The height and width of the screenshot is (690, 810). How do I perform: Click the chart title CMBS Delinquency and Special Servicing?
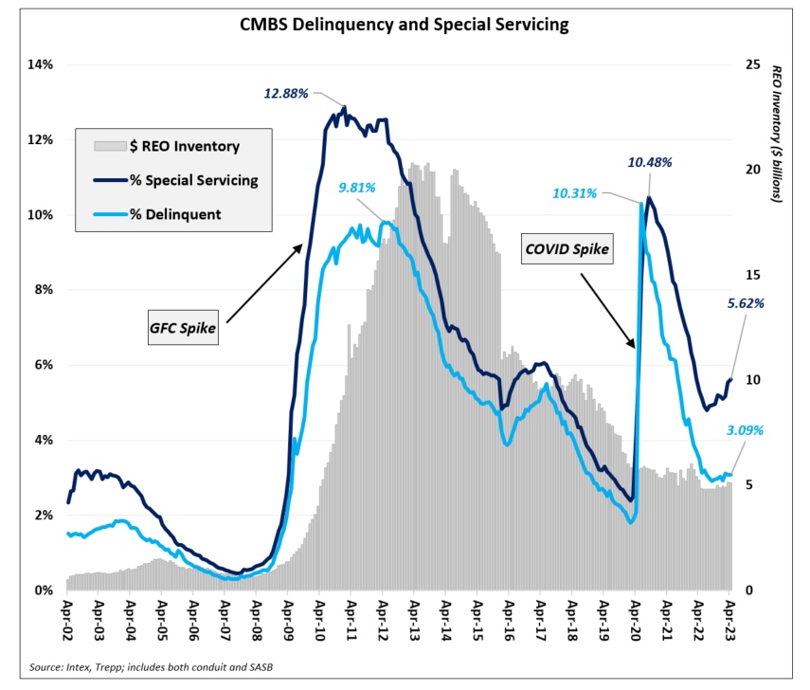(x=405, y=25)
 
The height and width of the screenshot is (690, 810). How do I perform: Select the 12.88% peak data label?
(x=287, y=93)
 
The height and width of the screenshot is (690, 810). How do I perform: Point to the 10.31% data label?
(x=574, y=193)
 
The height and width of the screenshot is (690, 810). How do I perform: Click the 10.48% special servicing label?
(x=650, y=162)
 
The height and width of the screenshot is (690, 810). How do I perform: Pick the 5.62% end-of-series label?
(x=746, y=303)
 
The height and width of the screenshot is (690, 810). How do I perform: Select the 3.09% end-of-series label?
(x=746, y=429)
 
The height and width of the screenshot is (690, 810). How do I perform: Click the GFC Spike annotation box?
(x=183, y=328)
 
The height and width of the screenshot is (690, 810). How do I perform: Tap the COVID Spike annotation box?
(x=567, y=250)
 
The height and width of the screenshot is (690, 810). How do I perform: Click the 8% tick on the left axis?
(x=44, y=290)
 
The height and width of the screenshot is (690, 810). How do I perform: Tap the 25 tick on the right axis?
(x=753, y=64)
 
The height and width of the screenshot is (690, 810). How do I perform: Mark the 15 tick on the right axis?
(x=753, y=275)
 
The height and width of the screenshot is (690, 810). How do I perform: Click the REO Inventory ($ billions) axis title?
(x=778, y=134)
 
